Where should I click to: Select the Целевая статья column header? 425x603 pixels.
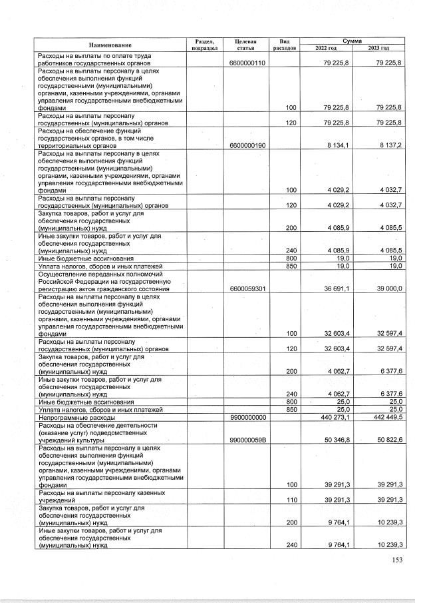[x=246, y=45]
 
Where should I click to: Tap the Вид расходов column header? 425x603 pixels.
[x=285, y=45]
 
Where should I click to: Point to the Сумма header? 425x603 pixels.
[x=353, y=41]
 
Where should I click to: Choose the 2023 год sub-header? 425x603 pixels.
[x=378, y=48]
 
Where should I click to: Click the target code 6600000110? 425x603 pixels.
[x=247, y=63]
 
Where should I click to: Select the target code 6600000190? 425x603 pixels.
[x=247, y=145]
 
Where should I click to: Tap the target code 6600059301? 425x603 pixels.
[x=247, y=289]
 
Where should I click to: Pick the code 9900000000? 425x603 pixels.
[x=247, y=418]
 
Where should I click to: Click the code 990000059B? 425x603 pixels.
[x=247, y=441]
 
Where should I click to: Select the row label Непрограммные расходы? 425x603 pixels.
[x=76, y=418]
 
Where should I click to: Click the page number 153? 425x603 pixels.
[x=397, y=560]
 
